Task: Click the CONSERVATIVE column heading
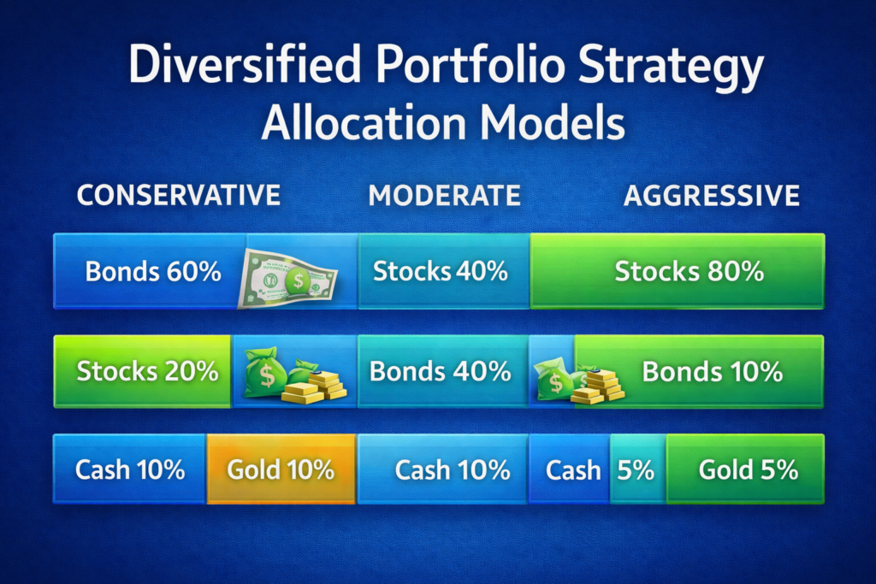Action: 178,195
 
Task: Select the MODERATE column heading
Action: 444,195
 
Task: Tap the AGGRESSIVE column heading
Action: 712,195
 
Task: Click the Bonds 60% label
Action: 153,273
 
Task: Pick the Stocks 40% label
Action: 441,273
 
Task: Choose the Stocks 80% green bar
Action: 678,272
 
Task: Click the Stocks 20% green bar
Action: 142,372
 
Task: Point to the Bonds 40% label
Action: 440,372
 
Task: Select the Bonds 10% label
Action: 712,372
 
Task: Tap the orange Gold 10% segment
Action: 281,469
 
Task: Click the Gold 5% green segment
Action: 746,469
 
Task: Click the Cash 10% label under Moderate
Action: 453,469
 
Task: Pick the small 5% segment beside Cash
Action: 637,469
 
